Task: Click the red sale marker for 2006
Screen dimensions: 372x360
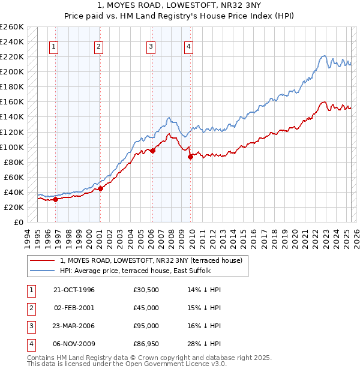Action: coord(152,151)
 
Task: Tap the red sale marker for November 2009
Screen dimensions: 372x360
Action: coord(190,157)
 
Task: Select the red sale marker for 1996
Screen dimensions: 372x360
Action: coord(55,199)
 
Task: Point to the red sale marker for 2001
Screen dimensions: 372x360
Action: coord(100,188)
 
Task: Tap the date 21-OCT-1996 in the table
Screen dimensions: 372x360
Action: coord(74,290)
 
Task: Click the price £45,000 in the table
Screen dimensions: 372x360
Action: coord(146,308)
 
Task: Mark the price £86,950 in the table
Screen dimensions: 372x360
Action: coord(146,344)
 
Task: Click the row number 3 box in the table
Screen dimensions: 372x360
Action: coord(29,326)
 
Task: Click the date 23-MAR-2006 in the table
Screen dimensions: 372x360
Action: coord(74,326)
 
